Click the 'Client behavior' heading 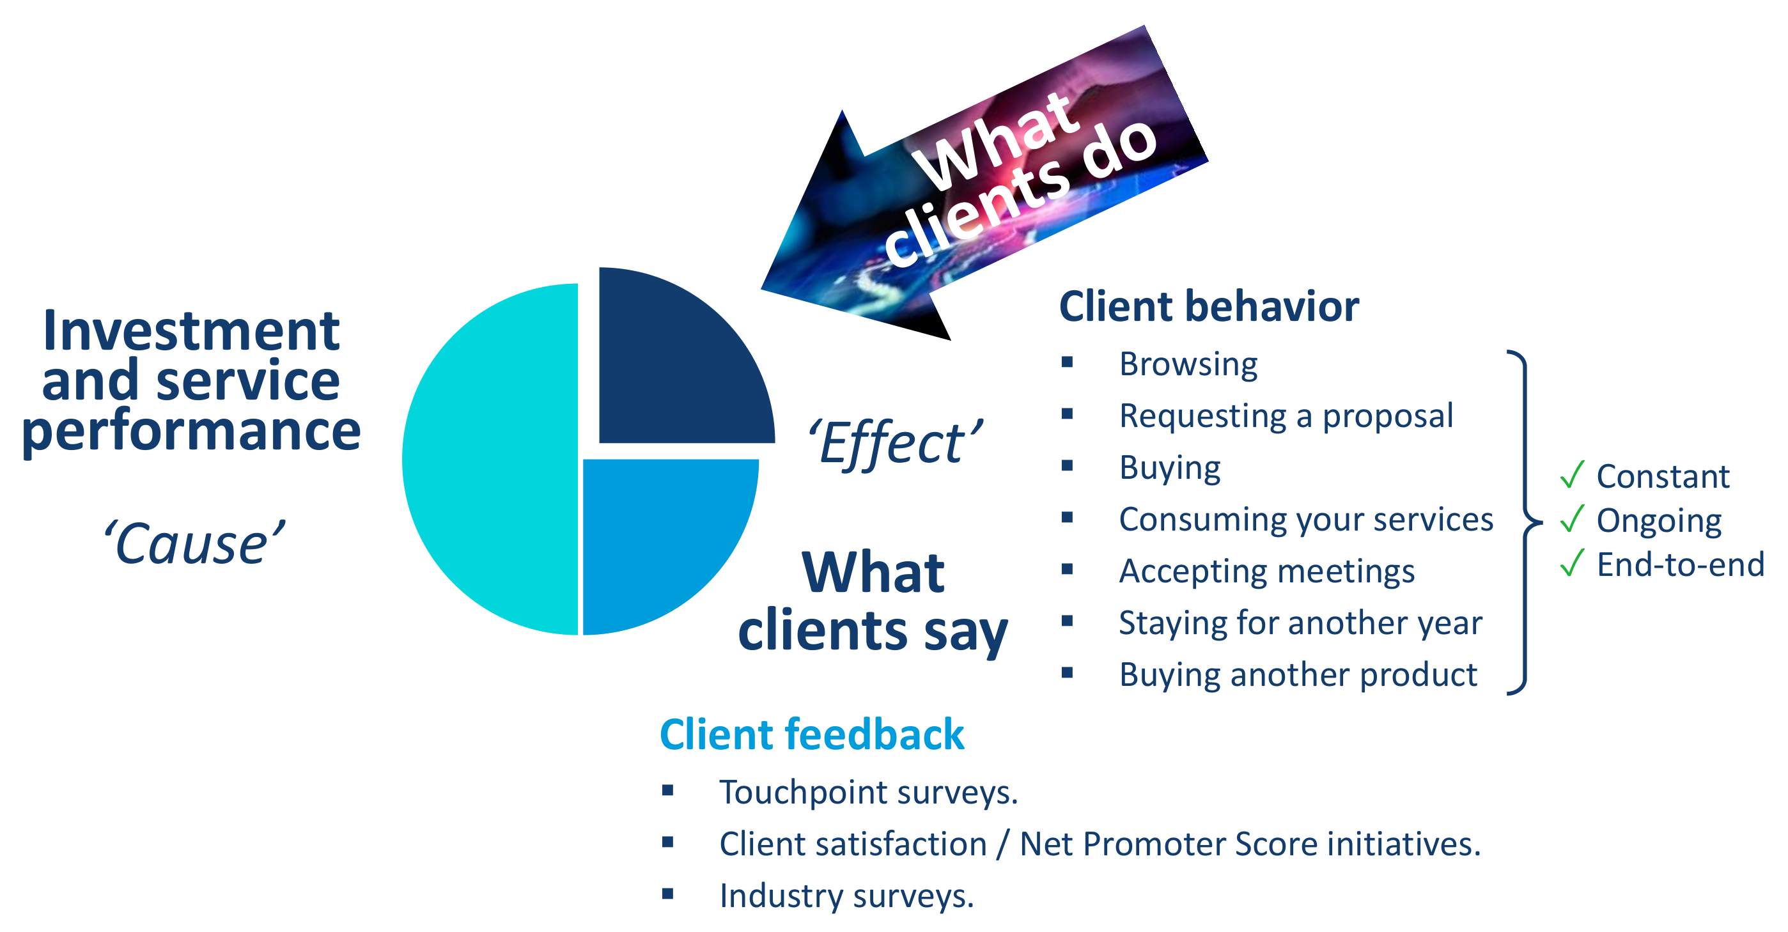(x=1208, y=307)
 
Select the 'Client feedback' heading (x=811, y=734)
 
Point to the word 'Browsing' (x=1188, y=364)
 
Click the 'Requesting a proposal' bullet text (x=1286, y=416)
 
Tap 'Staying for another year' (x=1300, y=623)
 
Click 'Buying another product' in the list (x=1298, y=675)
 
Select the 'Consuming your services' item (x=1305, y=520)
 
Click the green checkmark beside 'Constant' (x=1571, y=475)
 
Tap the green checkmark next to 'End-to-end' (x=1571, y=562)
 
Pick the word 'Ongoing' (x=1659, y=522)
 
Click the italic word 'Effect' (x=896, y=444)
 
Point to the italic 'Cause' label (x=194, y=543)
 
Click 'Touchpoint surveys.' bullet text (x=868, y=793)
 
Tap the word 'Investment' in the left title (x=191, y=331)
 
